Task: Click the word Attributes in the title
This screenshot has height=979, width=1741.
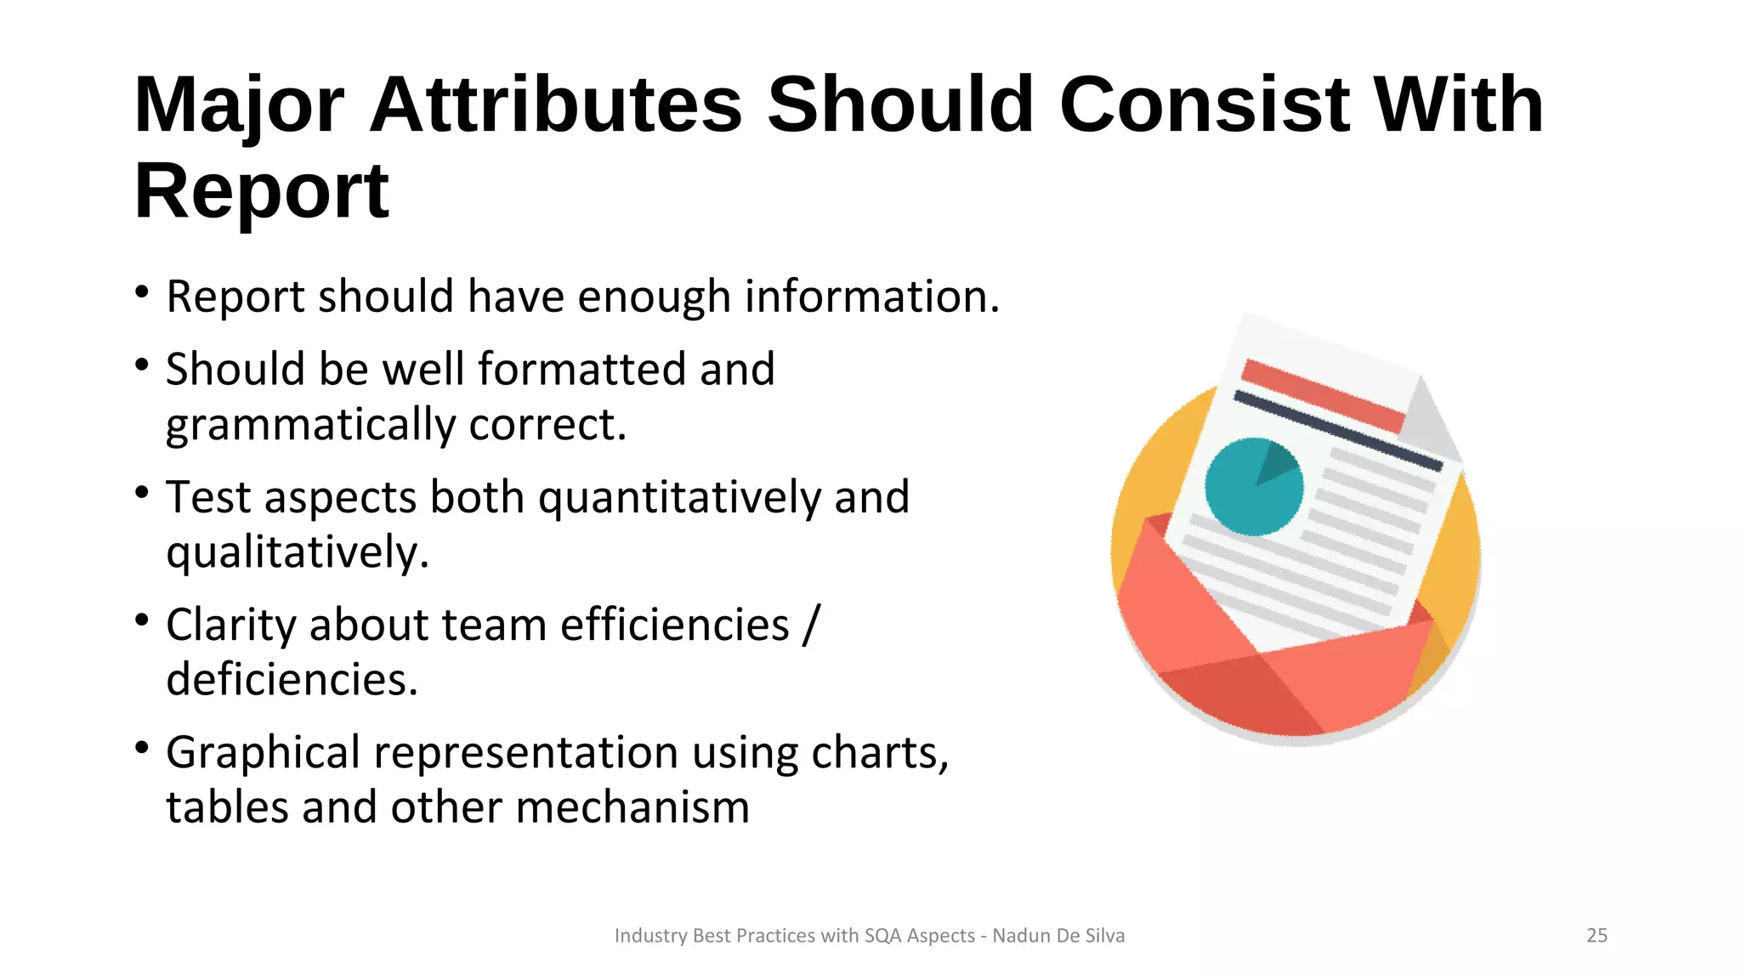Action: point(556,105)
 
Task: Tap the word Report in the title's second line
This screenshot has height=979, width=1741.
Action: point(262,192)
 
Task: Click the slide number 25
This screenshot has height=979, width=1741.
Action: point(1596,936)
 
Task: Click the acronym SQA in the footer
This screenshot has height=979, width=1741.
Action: point(882,936)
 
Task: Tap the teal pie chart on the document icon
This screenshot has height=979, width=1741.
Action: point(1253,487)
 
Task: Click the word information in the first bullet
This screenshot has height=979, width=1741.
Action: point(872,297)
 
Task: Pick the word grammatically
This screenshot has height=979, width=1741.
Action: point(311,425)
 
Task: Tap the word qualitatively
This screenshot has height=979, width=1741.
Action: point(298,553)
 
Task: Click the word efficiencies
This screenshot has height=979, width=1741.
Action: point(675,625)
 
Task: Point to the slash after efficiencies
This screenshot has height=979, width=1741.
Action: point(810,625)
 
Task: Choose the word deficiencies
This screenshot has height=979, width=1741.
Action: point(292,680)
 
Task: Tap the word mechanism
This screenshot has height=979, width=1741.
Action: point(632,807)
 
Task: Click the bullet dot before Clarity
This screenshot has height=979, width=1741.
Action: point(142,620)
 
